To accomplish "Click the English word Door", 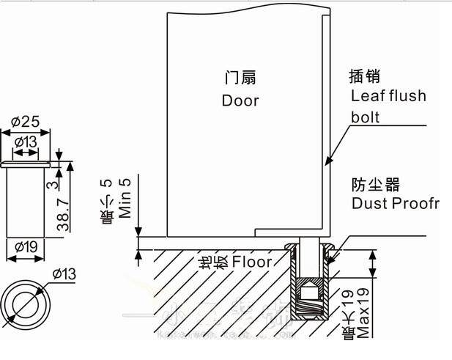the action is pyautogui.click(x=240, y=100).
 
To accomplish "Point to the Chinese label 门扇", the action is pyautogui.click(x=240, y=78).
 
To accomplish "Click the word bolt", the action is pyautogui.click(x=366, y=117).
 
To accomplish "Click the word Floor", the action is pyautogui.click(x=252, y=262).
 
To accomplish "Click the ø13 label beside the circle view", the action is pyautogui.click(x=64, y=273).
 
